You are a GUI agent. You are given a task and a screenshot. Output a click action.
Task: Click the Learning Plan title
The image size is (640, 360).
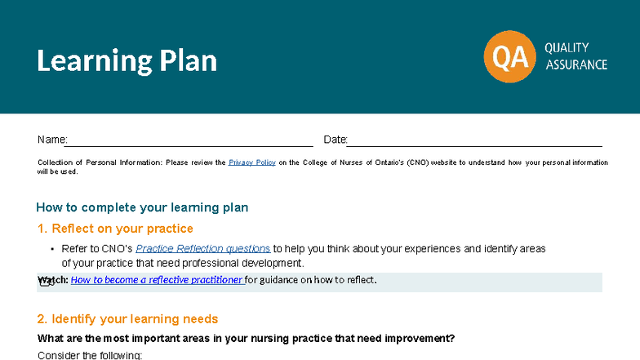tap(127, 61)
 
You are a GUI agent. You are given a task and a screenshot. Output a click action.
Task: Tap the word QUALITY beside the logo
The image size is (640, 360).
tap(567, 47)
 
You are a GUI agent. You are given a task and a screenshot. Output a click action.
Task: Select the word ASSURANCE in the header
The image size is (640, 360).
tap(576, 64)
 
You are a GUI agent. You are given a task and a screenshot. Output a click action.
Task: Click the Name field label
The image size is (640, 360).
tap(51, 140)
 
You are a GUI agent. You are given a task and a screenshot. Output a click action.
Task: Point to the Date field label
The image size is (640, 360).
tap(335, 140)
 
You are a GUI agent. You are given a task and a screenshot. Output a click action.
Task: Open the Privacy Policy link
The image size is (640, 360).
tap(251, 162)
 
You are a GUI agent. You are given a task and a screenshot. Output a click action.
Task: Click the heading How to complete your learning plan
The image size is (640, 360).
tap(142, 207)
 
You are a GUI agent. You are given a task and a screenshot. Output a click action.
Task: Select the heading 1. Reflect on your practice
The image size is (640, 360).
tap(115, 229)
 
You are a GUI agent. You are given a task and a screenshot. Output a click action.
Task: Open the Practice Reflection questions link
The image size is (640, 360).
tap(202, 248)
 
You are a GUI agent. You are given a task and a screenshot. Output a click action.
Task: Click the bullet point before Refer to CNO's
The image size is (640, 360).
tap(52, 249)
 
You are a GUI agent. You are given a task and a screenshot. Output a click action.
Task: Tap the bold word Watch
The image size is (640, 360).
tap(52, 280)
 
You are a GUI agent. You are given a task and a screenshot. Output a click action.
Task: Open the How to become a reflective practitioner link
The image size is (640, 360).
tap(157, 280)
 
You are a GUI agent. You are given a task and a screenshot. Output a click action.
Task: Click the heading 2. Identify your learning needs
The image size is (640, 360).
tap(127, 318)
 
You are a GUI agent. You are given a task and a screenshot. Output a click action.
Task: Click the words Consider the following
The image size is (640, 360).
tap(90, 355)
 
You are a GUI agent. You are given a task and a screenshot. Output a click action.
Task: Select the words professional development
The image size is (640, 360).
tap(246, 263)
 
